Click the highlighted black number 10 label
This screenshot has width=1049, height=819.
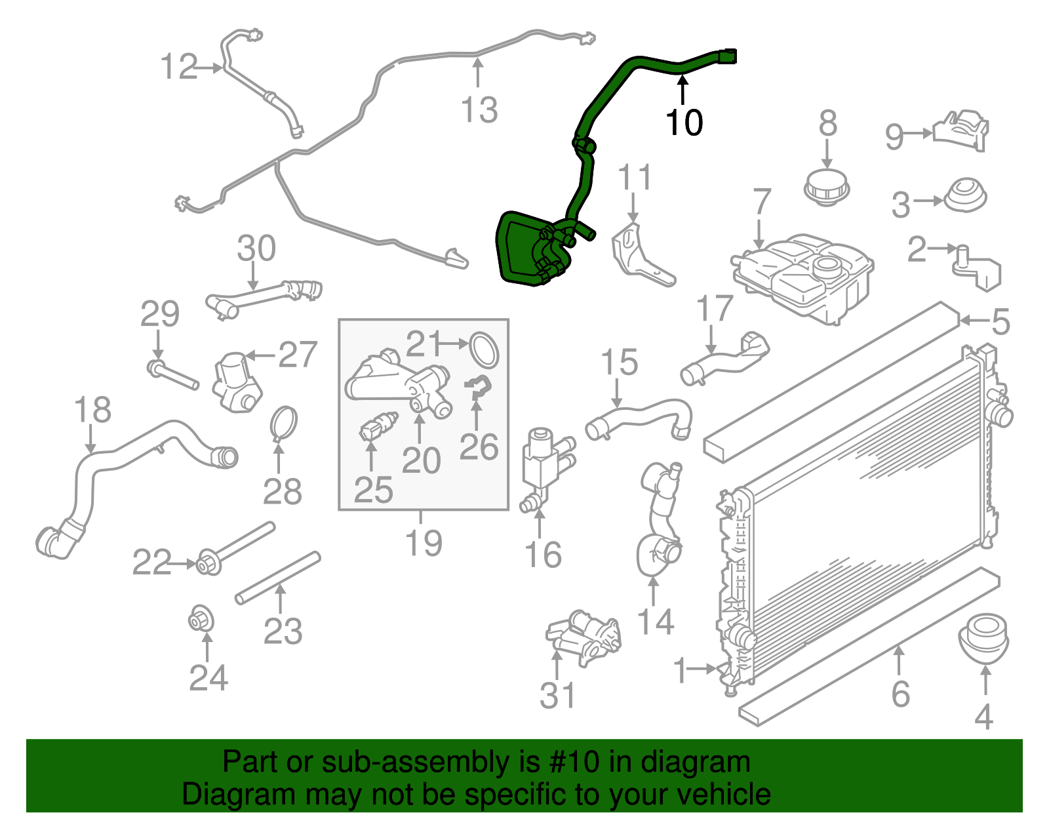684,123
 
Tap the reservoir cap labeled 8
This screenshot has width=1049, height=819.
827,187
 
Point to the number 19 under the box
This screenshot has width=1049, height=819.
424,543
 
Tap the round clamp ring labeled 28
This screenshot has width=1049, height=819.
284,424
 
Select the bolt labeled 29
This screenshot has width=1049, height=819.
172,376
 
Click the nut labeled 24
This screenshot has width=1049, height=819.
202,618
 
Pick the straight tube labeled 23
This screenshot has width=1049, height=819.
278,577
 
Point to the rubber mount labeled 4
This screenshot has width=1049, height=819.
983,637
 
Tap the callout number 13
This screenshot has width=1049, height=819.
479,110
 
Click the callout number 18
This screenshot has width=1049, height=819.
92,410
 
